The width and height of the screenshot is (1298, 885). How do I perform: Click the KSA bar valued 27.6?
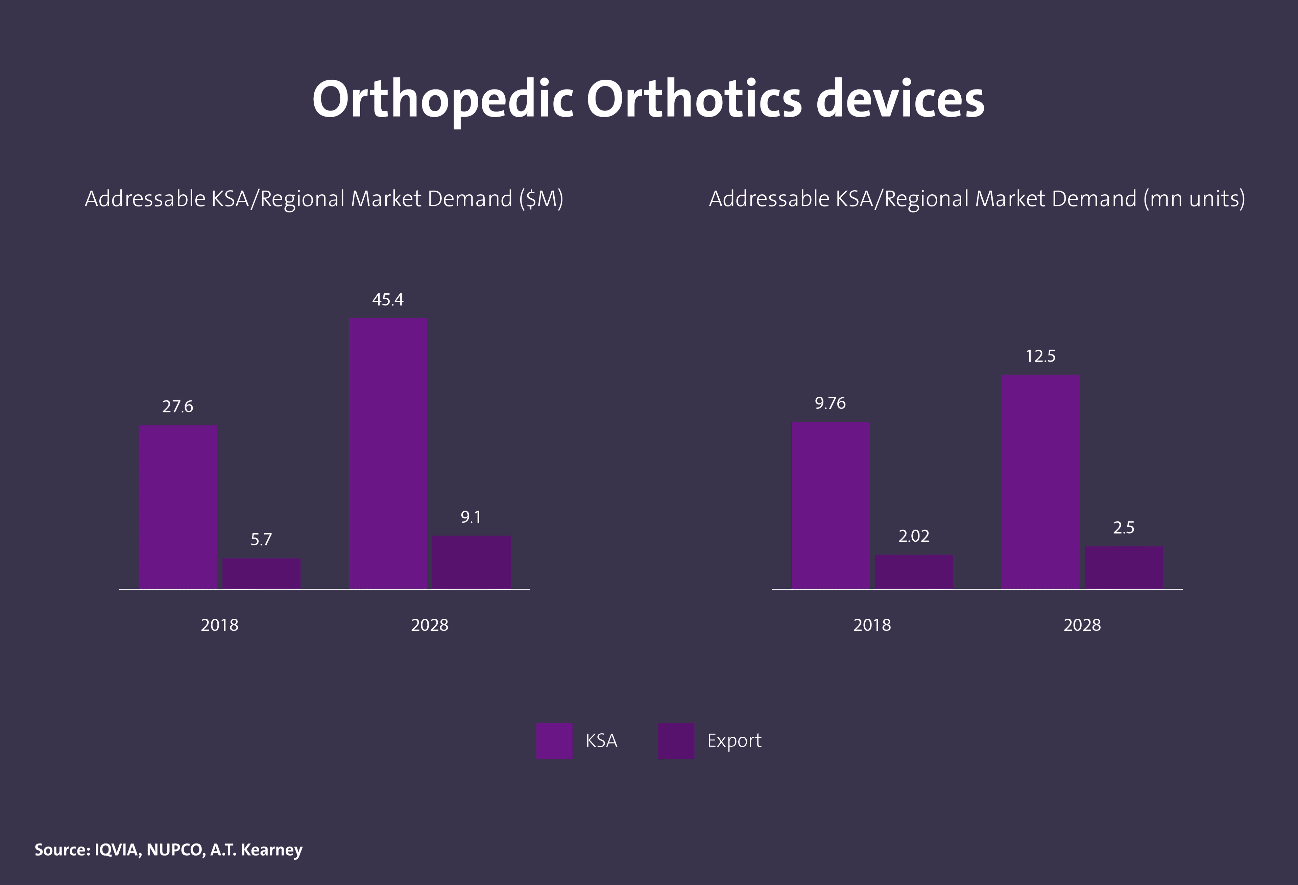[177, 507]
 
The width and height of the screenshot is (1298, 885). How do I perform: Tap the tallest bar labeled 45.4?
[388, 453]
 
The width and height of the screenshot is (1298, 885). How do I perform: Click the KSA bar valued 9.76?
[831, 505]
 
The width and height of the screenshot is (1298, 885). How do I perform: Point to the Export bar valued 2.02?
[914, 571]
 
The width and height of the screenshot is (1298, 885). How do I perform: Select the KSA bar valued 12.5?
[1040, 481]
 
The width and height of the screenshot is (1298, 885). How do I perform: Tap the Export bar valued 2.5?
[1124, 567]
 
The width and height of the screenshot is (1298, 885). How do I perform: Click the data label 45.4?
[388, 300]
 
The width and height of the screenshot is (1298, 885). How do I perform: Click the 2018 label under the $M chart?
[219, 625]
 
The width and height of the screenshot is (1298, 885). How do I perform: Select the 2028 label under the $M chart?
[430, 625]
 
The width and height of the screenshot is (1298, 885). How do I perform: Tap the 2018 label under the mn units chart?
[872, 625]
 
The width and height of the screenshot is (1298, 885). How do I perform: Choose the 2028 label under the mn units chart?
[1082, 625]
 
